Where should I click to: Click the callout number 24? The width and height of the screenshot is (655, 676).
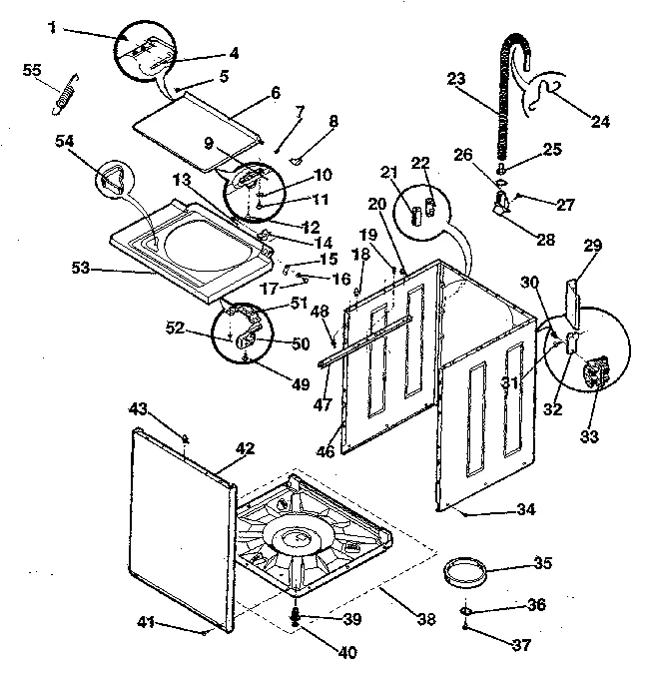click(x=601, y=122)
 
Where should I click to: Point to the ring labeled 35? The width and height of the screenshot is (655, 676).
click(x=467, y=577)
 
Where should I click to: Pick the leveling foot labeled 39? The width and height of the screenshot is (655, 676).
click(x=297, y=617)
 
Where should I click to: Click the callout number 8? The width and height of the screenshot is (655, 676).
click(x=332, y=121)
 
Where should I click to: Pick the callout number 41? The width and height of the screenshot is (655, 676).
click(x=146, y=624)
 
